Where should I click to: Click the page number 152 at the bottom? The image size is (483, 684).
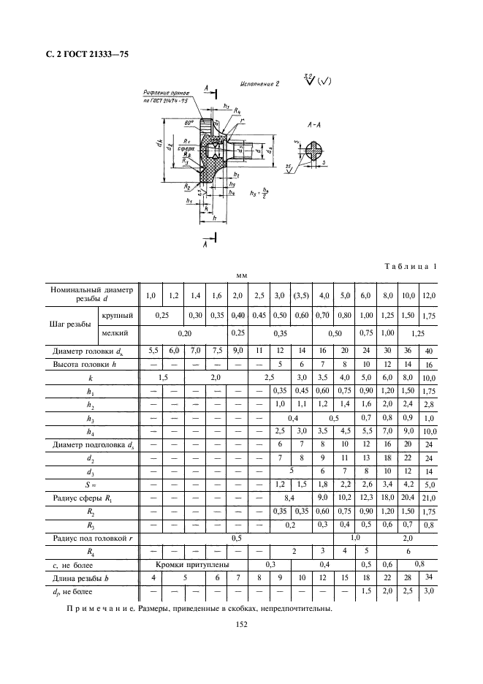(241, 624)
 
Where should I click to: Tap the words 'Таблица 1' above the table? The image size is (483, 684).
(409, 267)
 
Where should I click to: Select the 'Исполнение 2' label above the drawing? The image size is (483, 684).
(259, 84)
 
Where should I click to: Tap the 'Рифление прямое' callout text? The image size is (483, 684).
(167, 93)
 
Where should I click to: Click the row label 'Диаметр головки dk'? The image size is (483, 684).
(91, 351)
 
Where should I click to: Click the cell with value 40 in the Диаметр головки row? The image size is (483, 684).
(429, 351)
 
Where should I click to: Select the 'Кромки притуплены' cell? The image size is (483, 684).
(192, 566)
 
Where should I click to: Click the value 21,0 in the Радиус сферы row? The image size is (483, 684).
(429, 498)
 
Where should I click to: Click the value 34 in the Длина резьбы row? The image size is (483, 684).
(429, 578)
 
